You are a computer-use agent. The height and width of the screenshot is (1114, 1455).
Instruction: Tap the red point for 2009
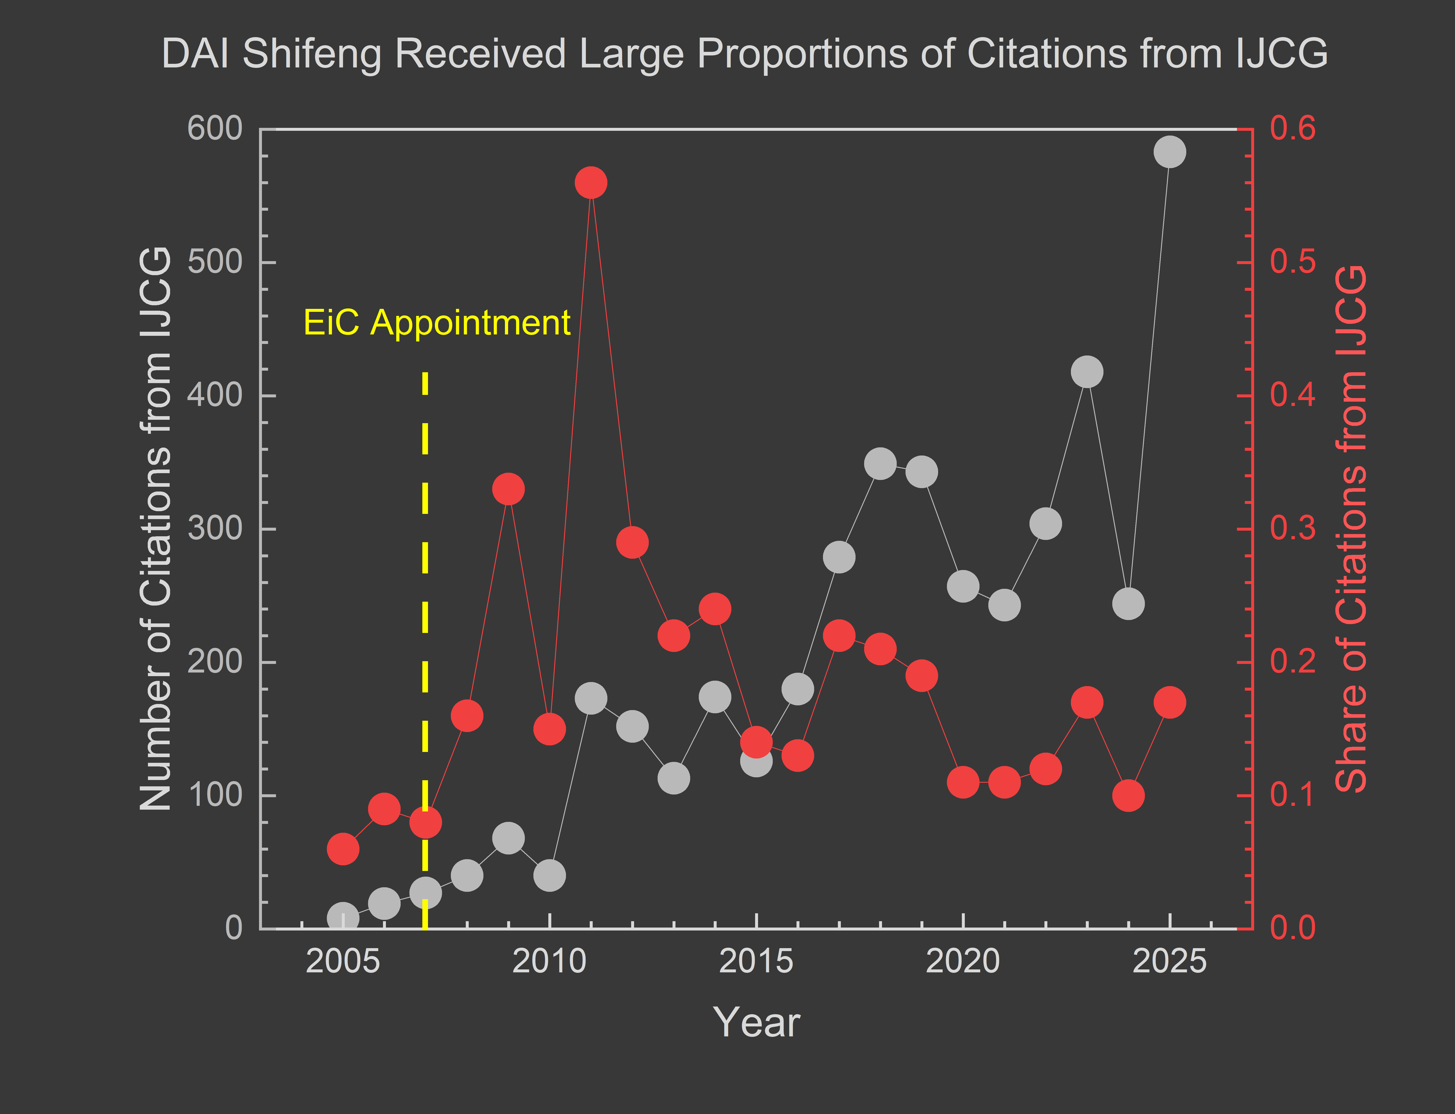509,489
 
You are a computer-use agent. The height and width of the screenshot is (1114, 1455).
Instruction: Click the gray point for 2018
880,463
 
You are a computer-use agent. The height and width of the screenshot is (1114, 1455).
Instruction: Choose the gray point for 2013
673,778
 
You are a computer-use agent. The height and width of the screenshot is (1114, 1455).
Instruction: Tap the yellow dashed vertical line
425,597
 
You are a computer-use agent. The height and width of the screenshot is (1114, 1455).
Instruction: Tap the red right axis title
1350,528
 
